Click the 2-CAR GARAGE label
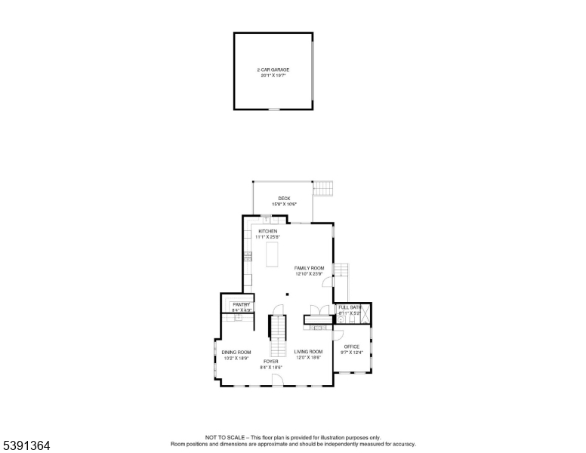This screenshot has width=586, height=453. tap(273, 69)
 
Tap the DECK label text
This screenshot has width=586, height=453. tap(284, 199)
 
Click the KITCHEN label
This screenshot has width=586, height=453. tap(268, 231)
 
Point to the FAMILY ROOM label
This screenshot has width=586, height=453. tap(309, 268)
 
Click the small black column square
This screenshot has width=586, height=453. tap(287, 294)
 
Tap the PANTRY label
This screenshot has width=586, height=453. tap(241, 304)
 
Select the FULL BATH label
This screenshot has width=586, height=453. tap(350, 307)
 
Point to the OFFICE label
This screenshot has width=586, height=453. tap(352, 347)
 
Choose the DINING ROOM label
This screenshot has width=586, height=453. tap(236, 353)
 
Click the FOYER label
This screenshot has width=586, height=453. tap(270, 362)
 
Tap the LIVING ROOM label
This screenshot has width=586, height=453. tap(308, 352)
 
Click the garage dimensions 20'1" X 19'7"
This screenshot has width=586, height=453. tap(273, 75)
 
